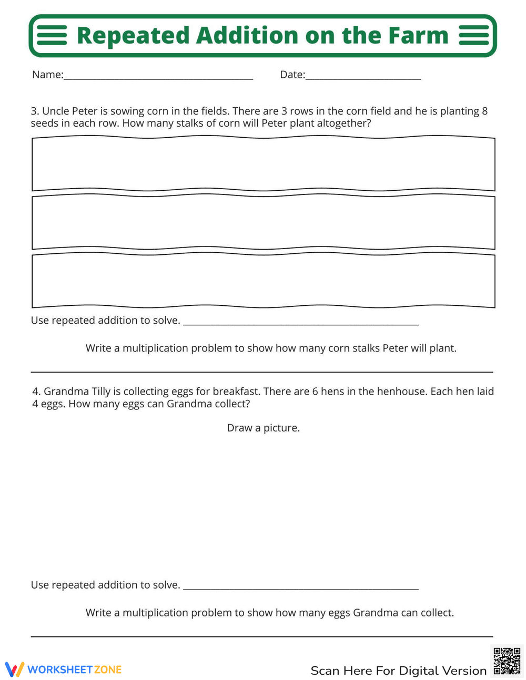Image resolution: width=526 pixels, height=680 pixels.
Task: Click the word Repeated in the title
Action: [133, 36]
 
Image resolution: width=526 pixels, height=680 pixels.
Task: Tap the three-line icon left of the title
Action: [52, 36]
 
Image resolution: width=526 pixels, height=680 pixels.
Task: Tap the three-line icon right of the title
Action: [474, 36]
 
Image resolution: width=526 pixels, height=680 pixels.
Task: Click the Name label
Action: [47, 75]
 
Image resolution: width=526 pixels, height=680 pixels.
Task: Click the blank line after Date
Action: [363, 78]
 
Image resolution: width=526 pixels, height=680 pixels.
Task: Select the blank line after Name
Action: [158, 78]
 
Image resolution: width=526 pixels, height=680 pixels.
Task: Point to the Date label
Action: [292, 75]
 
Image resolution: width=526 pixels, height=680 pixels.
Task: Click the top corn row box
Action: [263, 164]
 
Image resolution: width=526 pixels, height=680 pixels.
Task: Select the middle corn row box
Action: [263, 222]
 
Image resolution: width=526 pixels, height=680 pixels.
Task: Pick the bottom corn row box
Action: [263, 281]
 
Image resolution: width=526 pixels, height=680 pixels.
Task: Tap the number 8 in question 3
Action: [484, 111]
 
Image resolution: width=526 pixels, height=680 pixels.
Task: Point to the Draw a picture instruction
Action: [263, 428]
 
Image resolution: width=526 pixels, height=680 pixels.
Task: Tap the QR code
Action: [507, 661]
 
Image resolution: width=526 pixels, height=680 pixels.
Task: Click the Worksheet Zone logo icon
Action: [14, 669]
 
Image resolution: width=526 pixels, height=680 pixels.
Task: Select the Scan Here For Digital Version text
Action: [398, 671]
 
